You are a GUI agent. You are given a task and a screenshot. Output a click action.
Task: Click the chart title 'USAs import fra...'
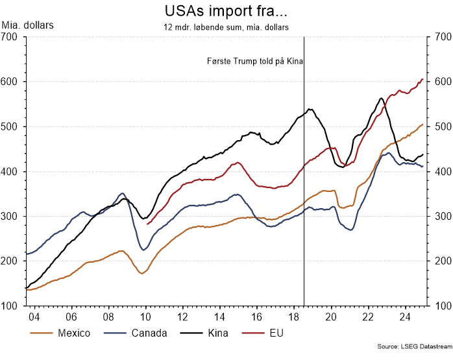coord(226,12)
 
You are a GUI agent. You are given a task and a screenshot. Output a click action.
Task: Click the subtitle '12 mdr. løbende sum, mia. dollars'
coord(226,27)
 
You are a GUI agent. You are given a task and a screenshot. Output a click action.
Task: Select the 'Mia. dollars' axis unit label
coord(28,26)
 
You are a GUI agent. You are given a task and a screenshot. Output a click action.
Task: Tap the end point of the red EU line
coord(422,79)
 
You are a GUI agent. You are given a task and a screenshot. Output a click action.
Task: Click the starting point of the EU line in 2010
coord(148,224)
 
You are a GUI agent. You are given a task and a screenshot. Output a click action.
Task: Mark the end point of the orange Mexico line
coord(422,125)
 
